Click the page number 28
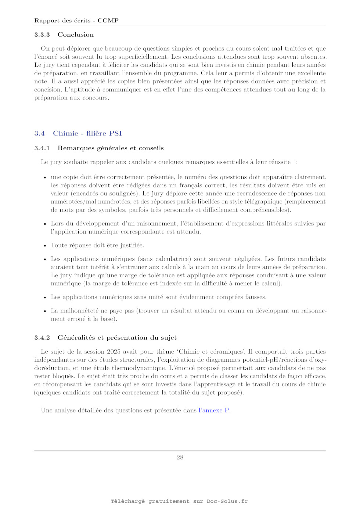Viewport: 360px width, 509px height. tap(180, 457)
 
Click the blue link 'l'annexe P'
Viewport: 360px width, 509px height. tap(214, 410)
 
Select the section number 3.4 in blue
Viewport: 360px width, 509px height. tap(39, 133)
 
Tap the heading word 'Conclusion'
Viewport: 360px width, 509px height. tap(76, 35)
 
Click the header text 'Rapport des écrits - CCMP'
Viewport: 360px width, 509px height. tap(76, 21)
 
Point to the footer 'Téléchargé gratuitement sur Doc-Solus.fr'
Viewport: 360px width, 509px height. tap(179, 501)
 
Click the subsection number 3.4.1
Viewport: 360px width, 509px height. tap(42, 148)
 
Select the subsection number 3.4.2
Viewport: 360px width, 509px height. tap(42, 337)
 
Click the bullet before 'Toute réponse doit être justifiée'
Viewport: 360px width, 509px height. tap(45, 246)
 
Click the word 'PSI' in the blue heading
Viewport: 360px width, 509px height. tap(115, 133)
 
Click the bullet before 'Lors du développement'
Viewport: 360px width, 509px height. tap(45, 224)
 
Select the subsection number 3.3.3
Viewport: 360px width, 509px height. tap(42, 35)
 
